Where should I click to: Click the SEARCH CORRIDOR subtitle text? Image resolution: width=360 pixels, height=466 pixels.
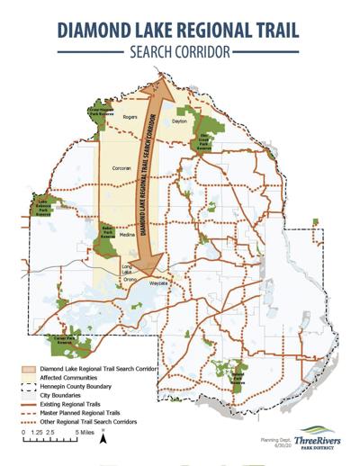tap(180, 53)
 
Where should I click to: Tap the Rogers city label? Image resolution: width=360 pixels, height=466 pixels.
tap(131, 117)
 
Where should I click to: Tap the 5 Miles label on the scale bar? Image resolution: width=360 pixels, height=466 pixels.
tap(84, 433)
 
